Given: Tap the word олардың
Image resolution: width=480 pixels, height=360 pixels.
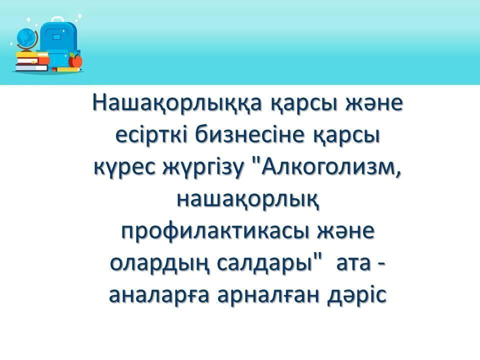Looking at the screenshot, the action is tap(160, 264).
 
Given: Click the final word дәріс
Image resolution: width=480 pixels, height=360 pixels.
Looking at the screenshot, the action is tap(357, 296).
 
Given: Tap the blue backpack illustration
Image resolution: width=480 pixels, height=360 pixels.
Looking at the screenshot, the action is tap(59, 43).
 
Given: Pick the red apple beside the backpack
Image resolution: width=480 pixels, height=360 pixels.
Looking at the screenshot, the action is tap(75, 60).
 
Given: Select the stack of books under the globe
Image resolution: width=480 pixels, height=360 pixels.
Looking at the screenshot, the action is tap(32, 62).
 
